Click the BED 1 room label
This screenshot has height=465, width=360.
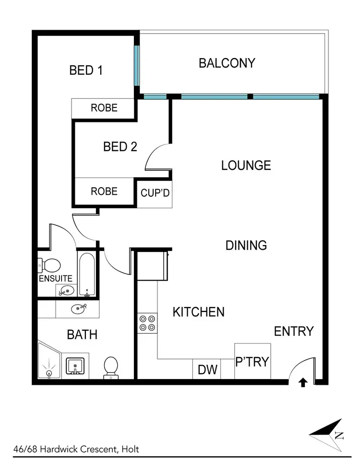pyautogui.click(x=86, y=71)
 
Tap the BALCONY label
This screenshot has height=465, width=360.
pyautogui.click(x=227, y=63)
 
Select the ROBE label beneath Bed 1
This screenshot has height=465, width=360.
pyautogui.click(x=104, y=108)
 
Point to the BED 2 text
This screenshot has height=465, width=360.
pyautogui.click(x=120, y=146)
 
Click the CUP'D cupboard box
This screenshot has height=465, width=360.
pyautogui.click(x=155, y=193)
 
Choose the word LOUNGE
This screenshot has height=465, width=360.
pyautogui.click(x=246, y=166)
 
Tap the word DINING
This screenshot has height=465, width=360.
pyautogui.click(x=246, y=246)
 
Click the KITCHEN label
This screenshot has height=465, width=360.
pyautogui.click(x=198, y=312)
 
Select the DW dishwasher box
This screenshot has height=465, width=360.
pyautogui.click(x=207, y=370)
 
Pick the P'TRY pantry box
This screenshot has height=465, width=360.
pyautogui.click(x=252, y=361)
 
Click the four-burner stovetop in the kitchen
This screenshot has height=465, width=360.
pyautogui.click(x=147, y=322)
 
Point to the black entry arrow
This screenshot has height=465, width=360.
pyautogui.click(x=303, y=382)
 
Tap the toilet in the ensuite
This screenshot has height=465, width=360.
pyautogui.click(x=49, y=264)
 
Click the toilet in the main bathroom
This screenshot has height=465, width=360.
pyautogui.click(x=111, y=368)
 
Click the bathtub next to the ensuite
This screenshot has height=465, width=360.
pyautogui.click(x=87, y=274)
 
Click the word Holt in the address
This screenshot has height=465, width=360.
pyautogui.click(x=130, y=450)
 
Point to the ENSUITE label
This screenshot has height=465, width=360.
pyautogui.click(x=56, y=278)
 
